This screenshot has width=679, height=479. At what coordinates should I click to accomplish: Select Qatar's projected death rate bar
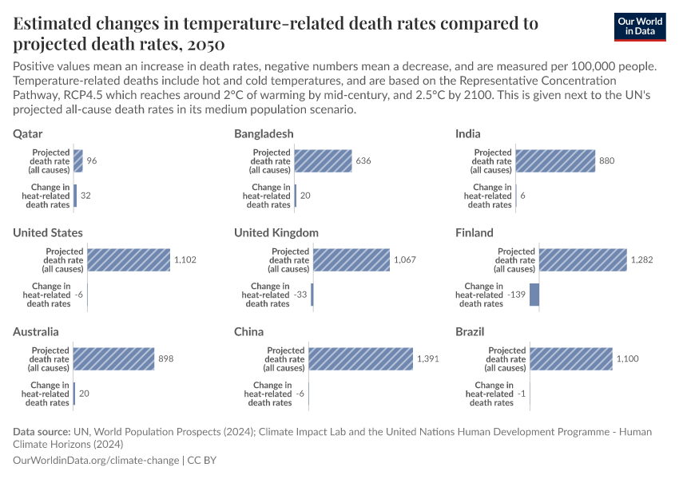78,161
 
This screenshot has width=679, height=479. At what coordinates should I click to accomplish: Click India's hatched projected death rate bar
555,161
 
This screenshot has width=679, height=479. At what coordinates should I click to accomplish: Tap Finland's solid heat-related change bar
534,295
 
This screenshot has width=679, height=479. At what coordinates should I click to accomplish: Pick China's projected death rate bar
360,359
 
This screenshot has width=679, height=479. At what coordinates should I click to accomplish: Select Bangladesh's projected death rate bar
324,161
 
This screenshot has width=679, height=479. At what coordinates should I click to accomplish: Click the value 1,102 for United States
185,260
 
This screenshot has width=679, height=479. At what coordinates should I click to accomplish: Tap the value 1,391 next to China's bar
428,359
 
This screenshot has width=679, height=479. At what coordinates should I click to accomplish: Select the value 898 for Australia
165,359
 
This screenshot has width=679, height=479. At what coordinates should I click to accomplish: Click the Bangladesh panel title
264,133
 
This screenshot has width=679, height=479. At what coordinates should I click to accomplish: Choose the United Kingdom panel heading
276,232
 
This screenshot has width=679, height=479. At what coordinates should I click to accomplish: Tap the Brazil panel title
470,331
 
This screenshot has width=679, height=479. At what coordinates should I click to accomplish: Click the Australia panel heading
36,331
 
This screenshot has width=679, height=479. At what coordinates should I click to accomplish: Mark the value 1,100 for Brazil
627,359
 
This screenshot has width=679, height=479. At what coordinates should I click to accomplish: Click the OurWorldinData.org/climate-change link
96,461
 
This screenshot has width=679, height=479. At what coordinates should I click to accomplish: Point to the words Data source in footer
42,432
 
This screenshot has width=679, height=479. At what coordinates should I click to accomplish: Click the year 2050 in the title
203,43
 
